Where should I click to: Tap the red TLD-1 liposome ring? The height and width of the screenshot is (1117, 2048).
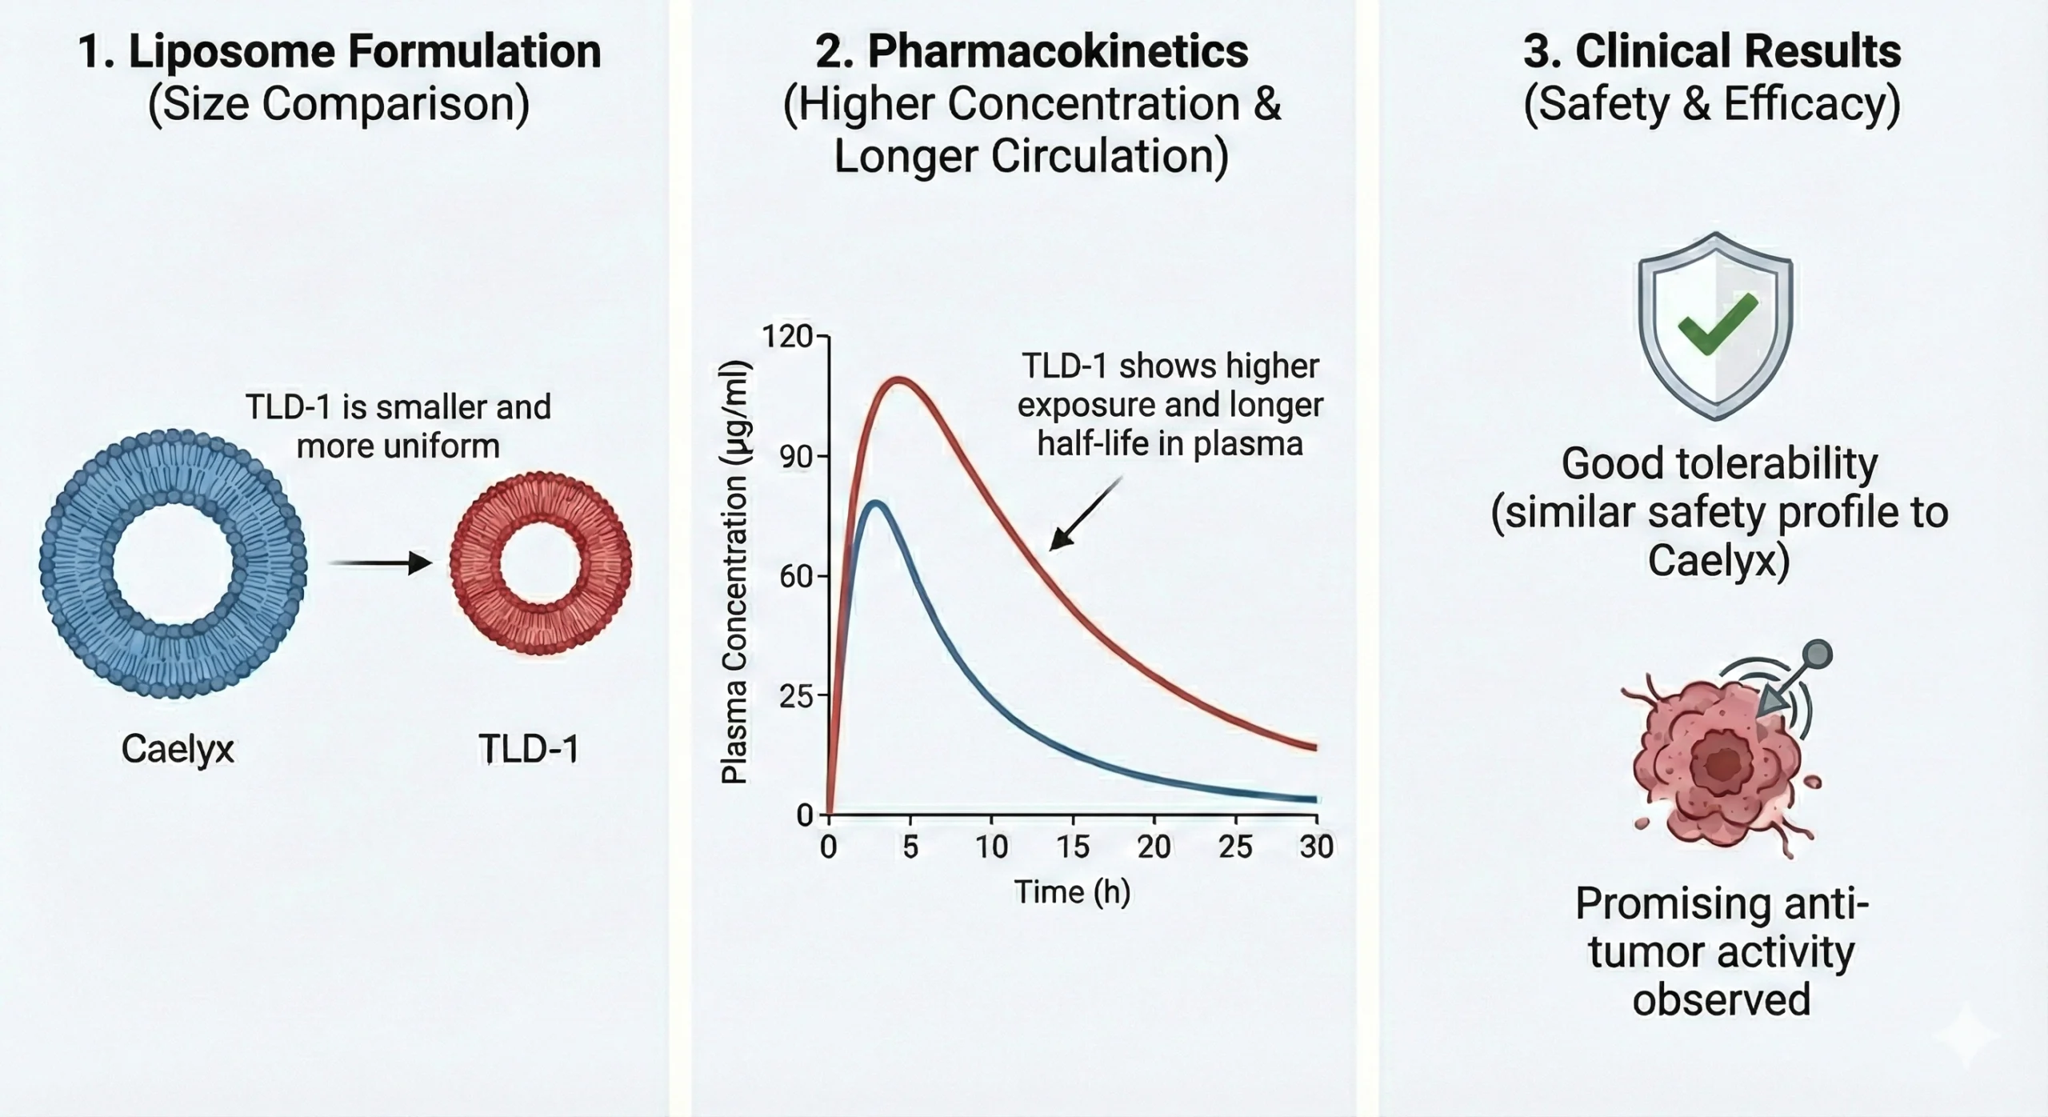[x=472, y=564]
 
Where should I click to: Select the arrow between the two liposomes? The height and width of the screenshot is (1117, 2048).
[x=381, y=563]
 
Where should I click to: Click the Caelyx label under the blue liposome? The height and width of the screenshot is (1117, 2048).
[x=178, y=749]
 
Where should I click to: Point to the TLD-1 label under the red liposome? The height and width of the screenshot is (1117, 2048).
[x=529, y=749]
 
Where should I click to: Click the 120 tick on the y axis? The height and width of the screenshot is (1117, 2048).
[x=787, y=337]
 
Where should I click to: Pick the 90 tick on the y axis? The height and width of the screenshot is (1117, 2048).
[x=795, y=457]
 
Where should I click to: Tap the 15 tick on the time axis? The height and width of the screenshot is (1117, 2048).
[x=1073, y=847]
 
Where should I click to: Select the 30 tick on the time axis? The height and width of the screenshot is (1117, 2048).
[x=1316, y=847]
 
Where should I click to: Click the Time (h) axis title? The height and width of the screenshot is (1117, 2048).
[x=1072, y=891]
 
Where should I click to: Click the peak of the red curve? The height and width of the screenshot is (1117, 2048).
[x=900, y=379]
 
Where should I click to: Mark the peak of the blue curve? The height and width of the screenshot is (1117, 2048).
[x=877, y=503]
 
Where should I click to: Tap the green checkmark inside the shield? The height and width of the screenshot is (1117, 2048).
[x=1717, y=325]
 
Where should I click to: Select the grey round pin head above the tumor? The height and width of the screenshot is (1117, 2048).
[x=1818, y=654]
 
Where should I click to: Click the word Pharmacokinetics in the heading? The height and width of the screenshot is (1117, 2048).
[x=1058, y=52]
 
